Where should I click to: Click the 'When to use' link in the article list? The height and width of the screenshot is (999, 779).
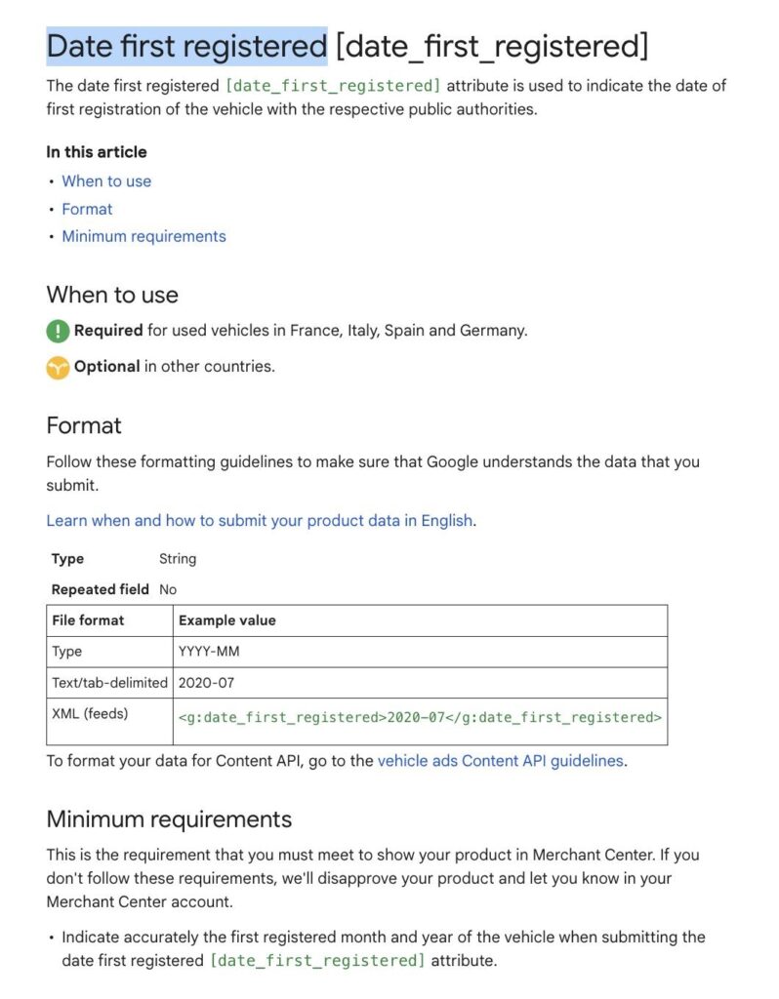click(x=106, y=181)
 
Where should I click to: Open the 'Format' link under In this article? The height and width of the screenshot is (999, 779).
click(x=87, y=209)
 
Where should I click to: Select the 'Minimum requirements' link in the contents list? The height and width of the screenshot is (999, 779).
click(x=143, y=236)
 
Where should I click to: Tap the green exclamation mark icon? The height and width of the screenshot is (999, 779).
click(x=58, y=331)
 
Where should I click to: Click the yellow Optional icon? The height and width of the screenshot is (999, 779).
click(x=58, y=368)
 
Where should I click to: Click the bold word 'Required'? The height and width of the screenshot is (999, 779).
click(x=108, y=331)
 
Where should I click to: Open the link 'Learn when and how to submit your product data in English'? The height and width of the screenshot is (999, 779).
click(x=260, y=520)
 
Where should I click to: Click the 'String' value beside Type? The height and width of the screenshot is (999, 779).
click(x=178, y=559)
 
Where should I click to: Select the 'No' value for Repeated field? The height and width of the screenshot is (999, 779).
click(x=168, y=589)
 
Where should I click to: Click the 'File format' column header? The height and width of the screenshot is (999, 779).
click(x=88, y=620)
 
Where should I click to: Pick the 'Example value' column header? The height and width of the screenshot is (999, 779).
click(x=227, y=620)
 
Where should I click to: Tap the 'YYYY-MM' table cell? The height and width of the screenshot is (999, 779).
click(x=209, y=652)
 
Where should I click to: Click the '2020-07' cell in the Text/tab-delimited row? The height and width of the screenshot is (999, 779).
click(x=207, y=683)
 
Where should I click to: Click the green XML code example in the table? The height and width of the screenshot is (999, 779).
click(x=420, y=718)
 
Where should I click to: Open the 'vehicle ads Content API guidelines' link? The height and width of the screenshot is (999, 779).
click(x=500, y=761)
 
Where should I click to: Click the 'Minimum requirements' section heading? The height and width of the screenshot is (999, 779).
click(x=169, y=819)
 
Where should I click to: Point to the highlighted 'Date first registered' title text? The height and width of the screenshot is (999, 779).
click(x=186, y=46)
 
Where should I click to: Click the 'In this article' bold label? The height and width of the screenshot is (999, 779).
click(x=97, y=152)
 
